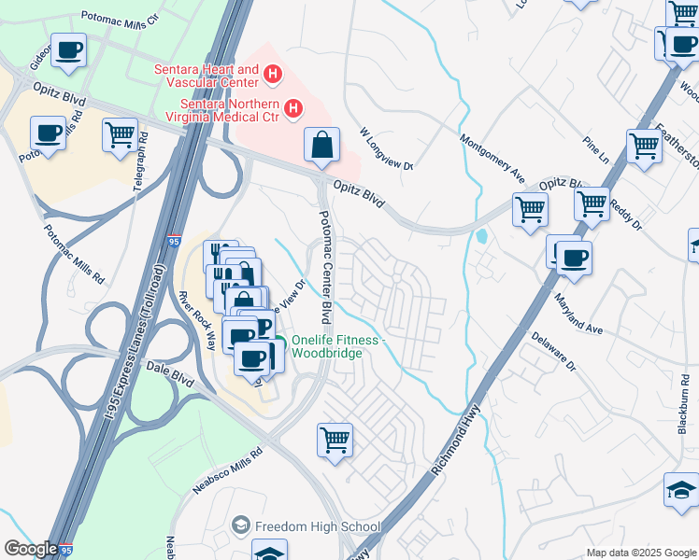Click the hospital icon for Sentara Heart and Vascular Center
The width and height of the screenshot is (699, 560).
tap(272, 73)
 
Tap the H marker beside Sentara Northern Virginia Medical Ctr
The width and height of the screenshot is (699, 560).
tap(293, 110)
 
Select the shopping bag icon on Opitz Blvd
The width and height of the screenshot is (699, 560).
tap(321, 146)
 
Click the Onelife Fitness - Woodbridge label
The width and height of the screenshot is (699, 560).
tap(336, 346)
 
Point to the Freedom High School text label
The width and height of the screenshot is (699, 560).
tap(318, 527)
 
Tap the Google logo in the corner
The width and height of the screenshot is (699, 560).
tap(31, 549)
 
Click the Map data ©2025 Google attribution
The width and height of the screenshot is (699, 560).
tap(641, 553)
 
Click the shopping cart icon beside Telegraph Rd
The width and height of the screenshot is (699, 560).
tap(120, 136)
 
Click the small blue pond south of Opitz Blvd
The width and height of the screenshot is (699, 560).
tap(480, 236)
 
